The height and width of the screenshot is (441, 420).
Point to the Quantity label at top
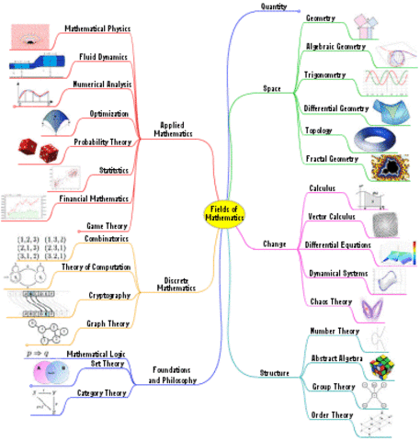point(275,6)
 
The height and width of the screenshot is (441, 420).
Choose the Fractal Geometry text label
point(330,158)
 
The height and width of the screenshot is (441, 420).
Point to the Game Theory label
point(107,224)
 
